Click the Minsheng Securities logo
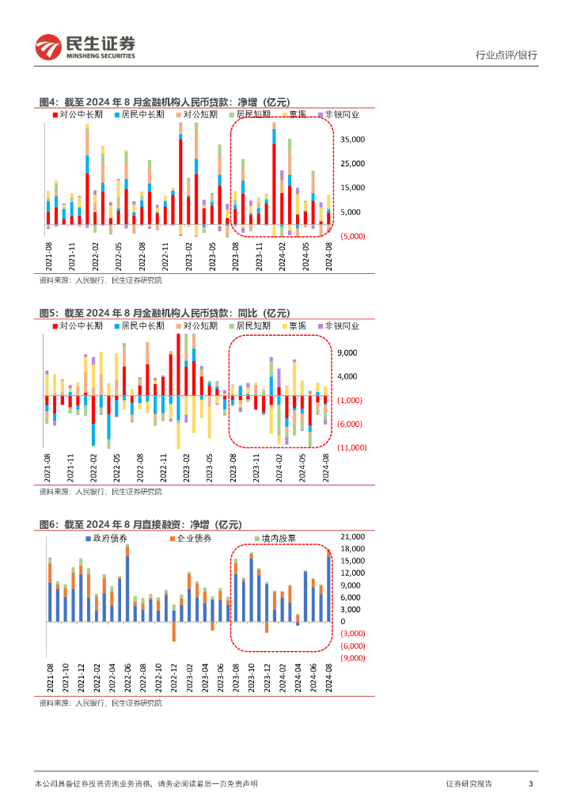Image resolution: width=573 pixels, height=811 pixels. (x=85, y=48)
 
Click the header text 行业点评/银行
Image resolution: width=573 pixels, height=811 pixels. (x=506, y=55)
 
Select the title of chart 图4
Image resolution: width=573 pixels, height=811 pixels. (x=165, y=102)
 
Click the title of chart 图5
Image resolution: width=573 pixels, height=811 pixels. (x=165, y=314)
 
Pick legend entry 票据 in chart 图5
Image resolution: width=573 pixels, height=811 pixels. (x=298, y=326)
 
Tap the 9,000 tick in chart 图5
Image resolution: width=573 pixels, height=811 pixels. (x=347, y=353)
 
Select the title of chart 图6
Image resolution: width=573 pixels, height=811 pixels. (x=140, y=525)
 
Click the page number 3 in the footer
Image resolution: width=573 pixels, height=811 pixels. (x=530, y=783)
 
